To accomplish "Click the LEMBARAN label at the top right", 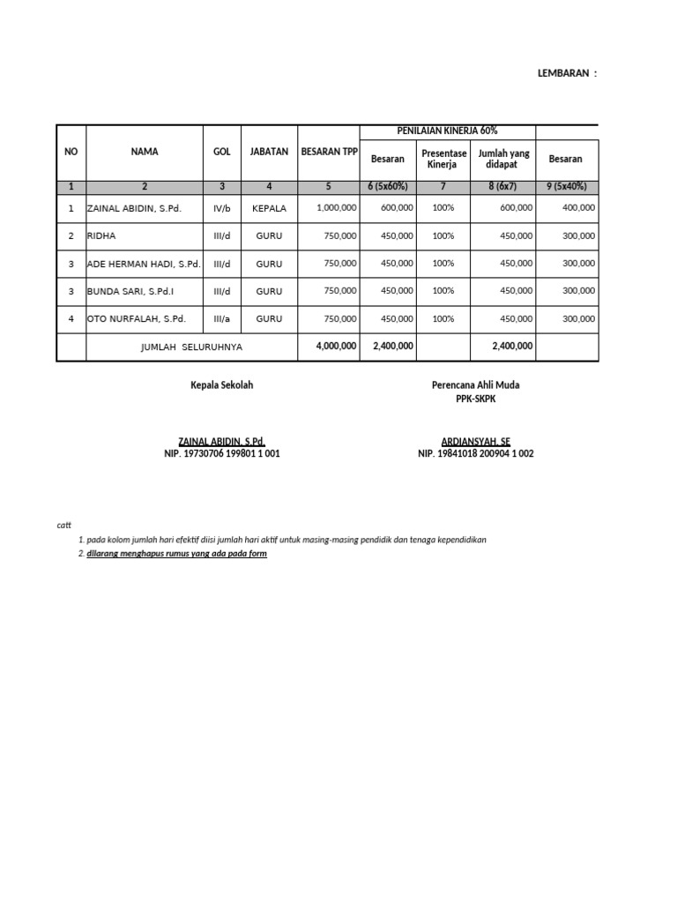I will [x=567, y=73].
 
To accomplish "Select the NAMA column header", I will [x=145, y=152].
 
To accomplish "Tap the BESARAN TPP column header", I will [x=329, y=152].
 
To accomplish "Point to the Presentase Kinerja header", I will [x=444, y=159].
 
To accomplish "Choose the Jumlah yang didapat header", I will [x=503, y=159].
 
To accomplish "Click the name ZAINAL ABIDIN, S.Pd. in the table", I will [x=135, y=208].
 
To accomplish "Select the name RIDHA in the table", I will [x=101, y=236].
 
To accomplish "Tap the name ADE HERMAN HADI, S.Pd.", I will [x=144, y=264].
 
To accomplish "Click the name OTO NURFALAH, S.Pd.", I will [x=136, y=318].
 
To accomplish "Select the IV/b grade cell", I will [x=222, y=208].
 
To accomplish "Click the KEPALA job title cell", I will [x=269, y=208].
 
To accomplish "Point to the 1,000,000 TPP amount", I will [x=335, y=208].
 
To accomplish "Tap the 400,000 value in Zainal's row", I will [x=578, y=208].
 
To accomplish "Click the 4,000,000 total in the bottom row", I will [x=336, y=347].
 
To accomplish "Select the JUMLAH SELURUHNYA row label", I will [x=191, y=347].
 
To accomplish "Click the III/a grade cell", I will [x=222, y=318].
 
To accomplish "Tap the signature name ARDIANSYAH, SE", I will [x=475, y=441].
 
